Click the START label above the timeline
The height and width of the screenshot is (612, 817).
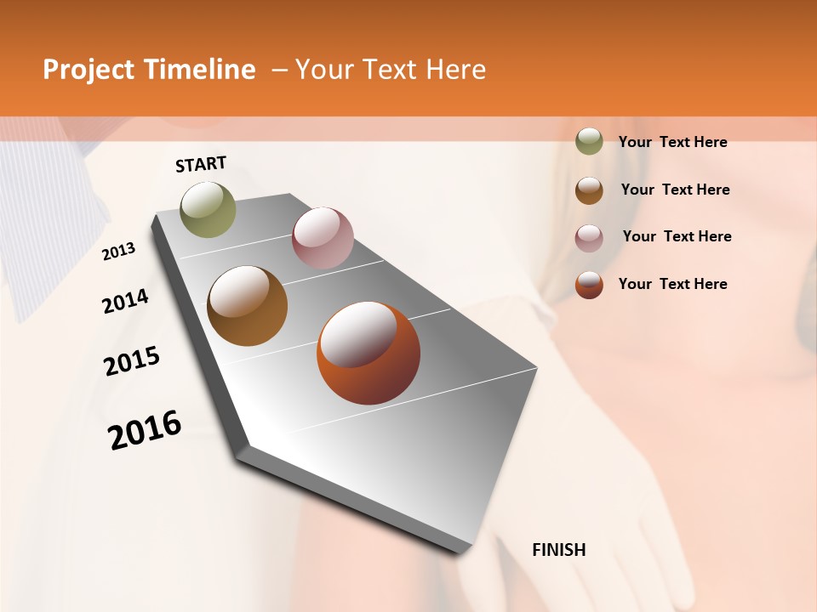201,164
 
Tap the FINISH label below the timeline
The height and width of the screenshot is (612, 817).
559,550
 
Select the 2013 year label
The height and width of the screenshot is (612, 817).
119,252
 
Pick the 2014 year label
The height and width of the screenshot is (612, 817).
125,302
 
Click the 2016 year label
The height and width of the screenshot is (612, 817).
145,430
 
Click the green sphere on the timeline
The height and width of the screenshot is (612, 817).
208,209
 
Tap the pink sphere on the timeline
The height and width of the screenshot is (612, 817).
323,237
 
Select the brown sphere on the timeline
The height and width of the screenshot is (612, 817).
248,306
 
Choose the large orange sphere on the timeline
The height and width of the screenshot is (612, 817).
369,353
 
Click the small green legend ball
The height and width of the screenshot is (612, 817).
589,141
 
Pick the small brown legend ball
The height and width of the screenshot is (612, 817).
589,190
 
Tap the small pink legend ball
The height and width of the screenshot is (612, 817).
589,237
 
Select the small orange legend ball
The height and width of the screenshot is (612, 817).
589,285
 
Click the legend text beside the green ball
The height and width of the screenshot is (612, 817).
672,142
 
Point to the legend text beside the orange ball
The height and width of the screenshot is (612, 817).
672,284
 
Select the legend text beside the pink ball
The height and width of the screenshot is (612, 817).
677,236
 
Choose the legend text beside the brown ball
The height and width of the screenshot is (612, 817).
675,190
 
